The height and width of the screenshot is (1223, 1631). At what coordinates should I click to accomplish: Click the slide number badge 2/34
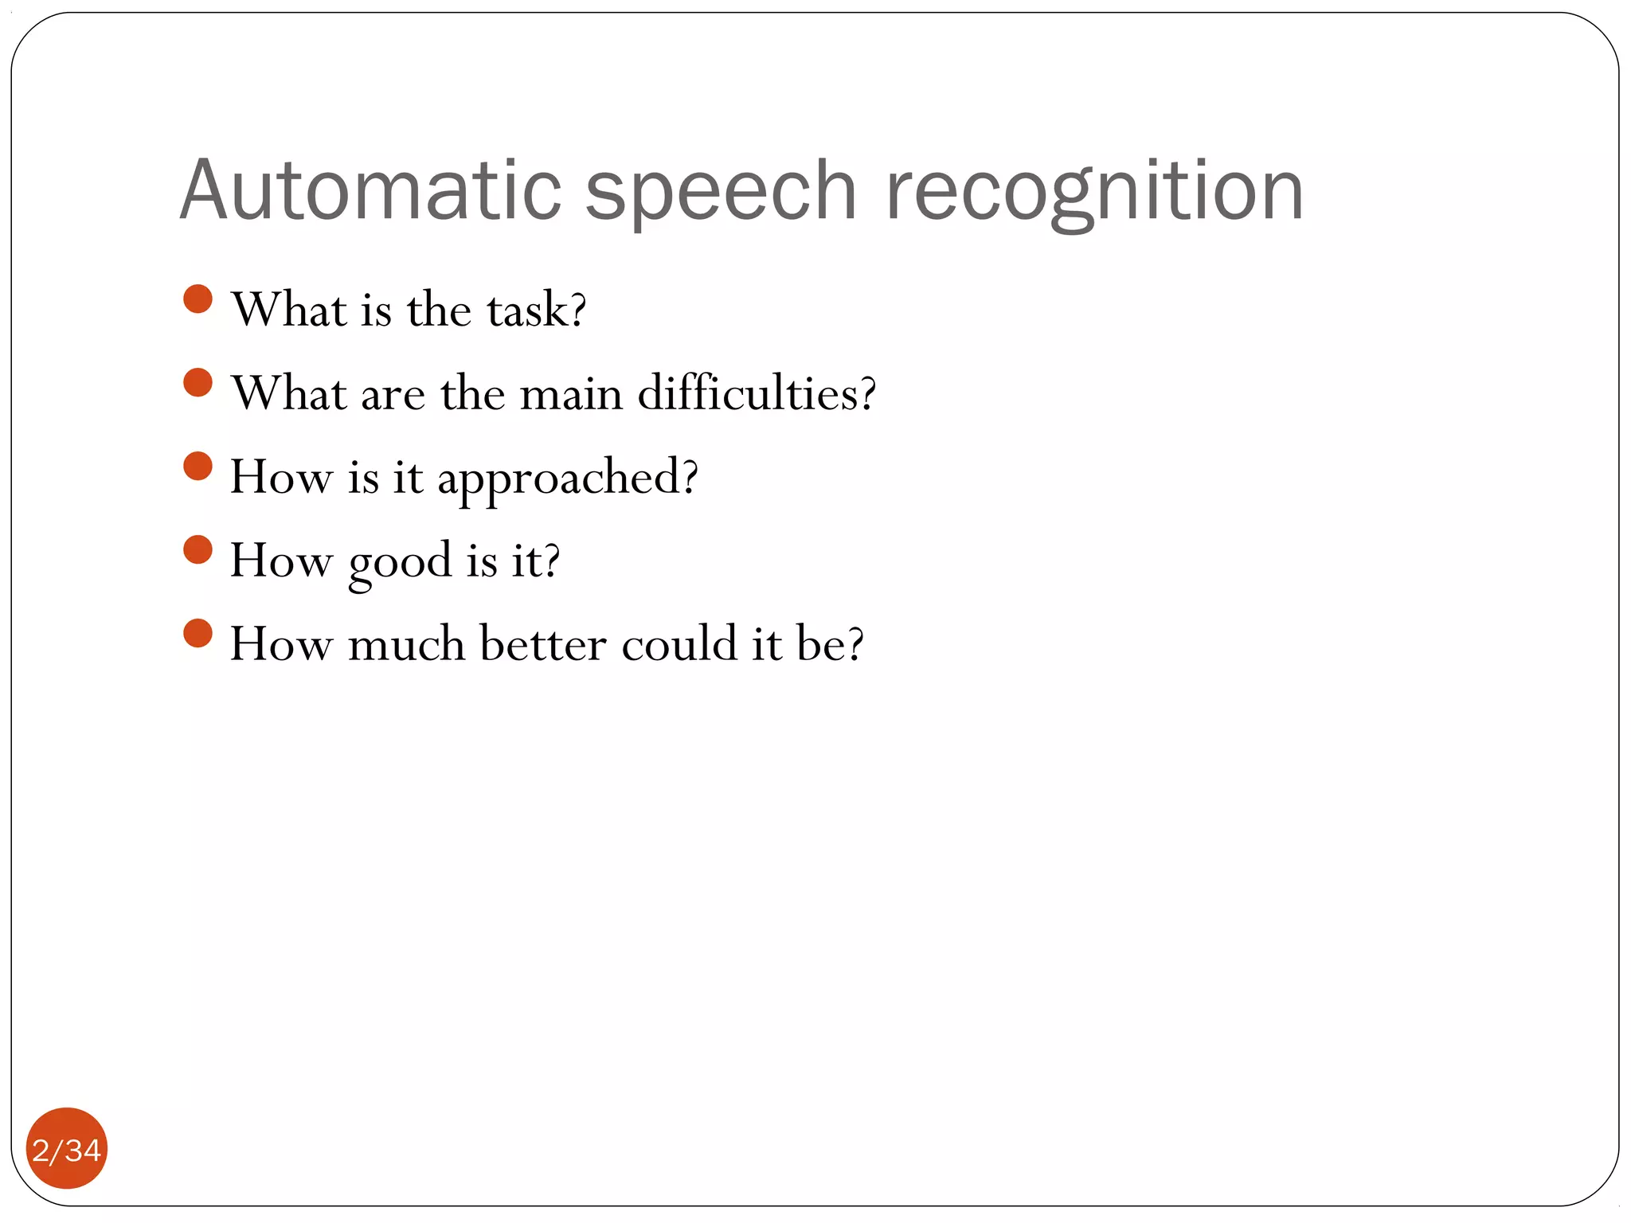point(67,1149)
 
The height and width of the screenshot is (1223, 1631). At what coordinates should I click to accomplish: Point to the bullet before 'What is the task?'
point(198,299)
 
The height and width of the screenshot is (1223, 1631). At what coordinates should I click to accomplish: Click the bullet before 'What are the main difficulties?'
point(198,382)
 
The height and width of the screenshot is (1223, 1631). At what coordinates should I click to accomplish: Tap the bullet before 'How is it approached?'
point(198,467)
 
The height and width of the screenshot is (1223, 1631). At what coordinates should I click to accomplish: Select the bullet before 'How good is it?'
point(198,549)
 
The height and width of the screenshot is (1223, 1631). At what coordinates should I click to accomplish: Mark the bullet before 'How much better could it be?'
point(198,634)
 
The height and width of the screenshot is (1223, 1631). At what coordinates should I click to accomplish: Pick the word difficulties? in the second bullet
point(757,393)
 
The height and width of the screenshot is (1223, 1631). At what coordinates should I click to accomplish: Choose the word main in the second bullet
point(570,394)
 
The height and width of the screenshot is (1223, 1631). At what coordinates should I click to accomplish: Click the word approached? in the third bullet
point(567,479)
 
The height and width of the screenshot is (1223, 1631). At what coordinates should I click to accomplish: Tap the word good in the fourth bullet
point(400,562)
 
